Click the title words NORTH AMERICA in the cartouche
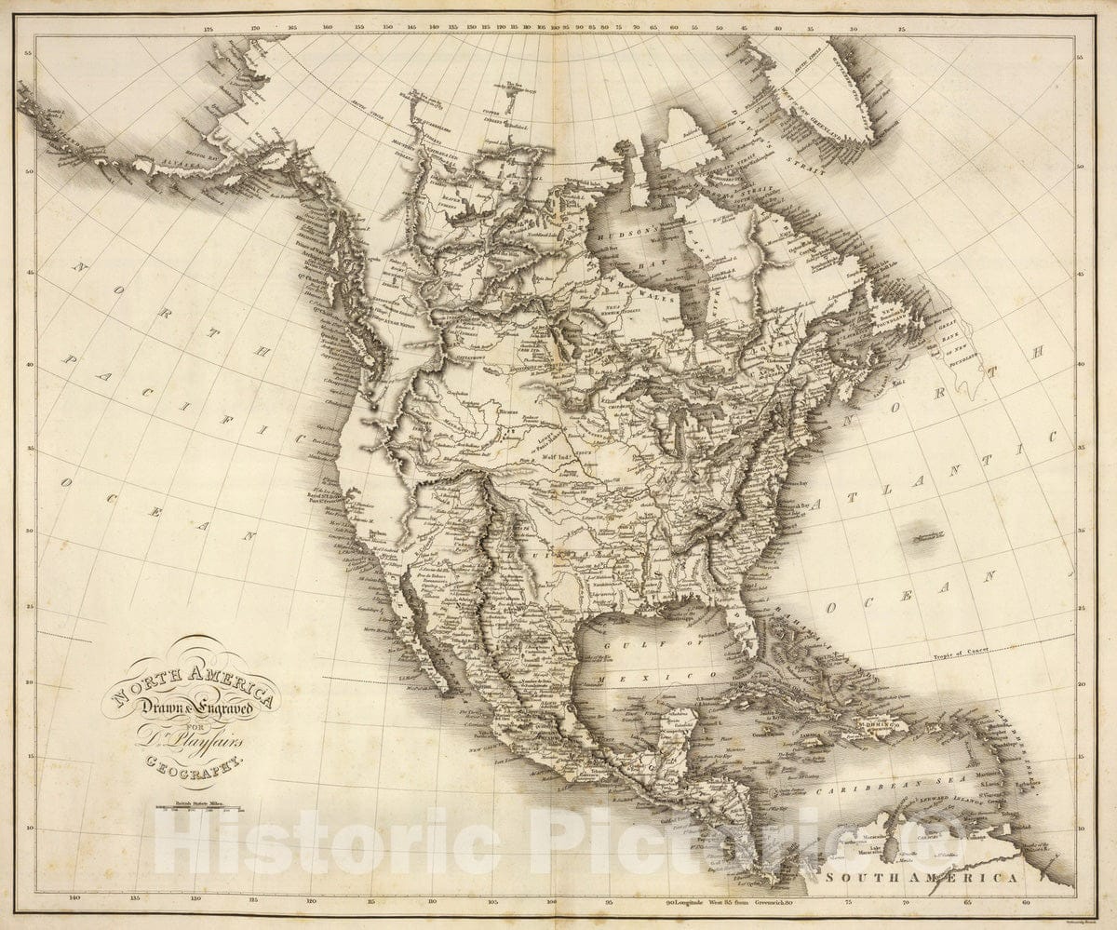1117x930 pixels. pos(194,684)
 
